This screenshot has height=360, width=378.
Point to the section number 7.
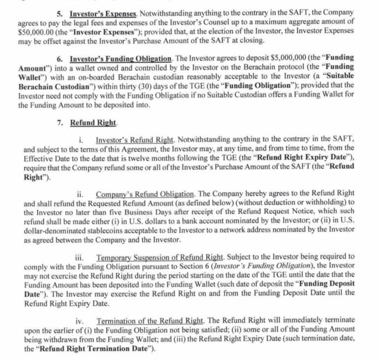pyautogui.click(x=60, y=122)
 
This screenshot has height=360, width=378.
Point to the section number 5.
pyautogui.click(x=60, y=13)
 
